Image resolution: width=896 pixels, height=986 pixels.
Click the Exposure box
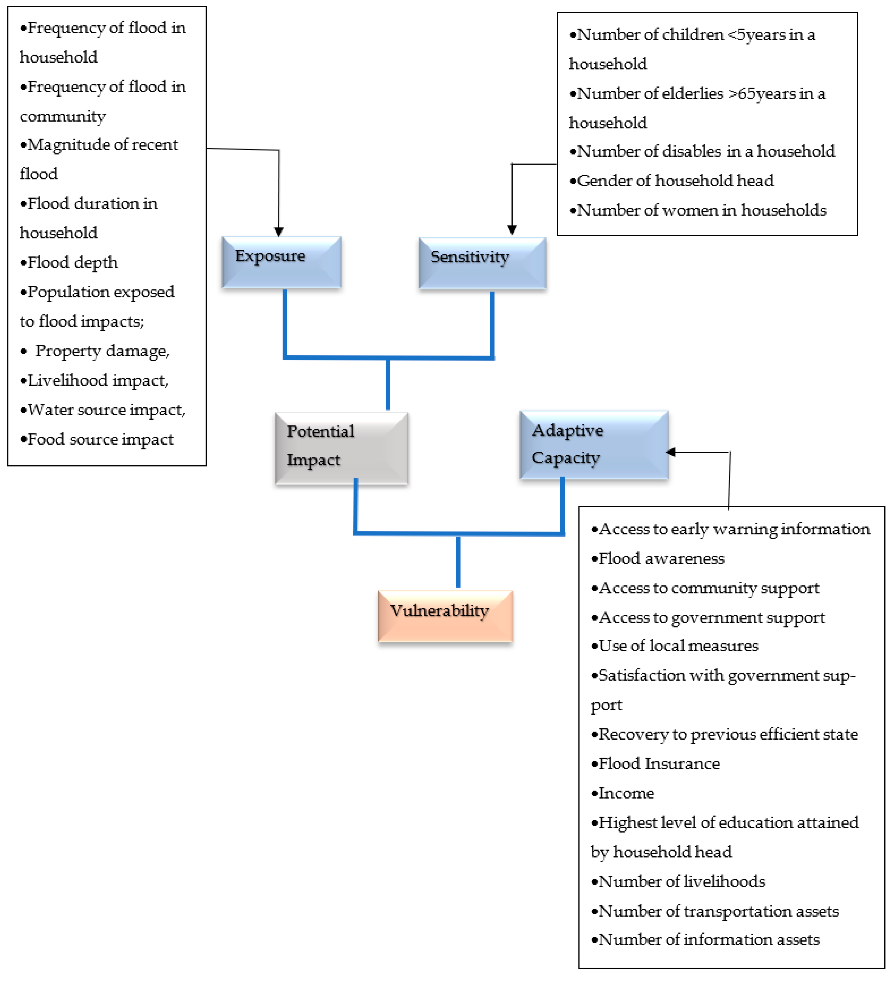(281, 262)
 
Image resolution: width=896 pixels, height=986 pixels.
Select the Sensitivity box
(482, 263)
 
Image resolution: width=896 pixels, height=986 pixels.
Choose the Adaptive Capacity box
(593, 444)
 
